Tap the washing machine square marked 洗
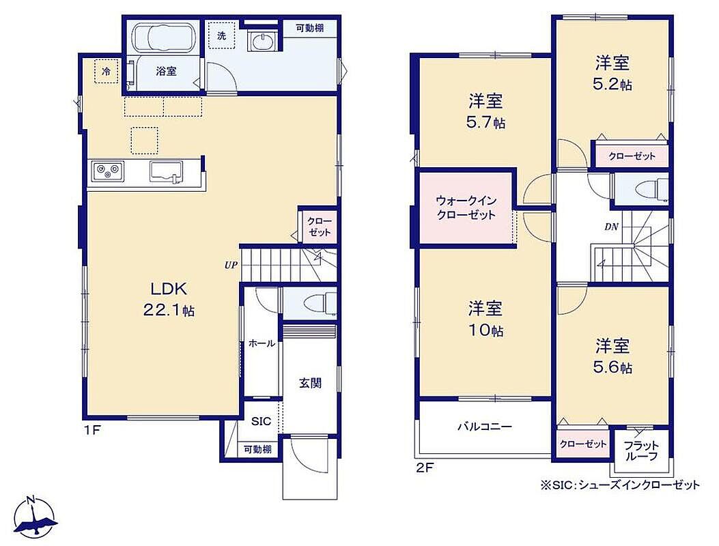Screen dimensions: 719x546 click(x=222, y=35)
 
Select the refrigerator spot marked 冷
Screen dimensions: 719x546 click(x=107, y=72)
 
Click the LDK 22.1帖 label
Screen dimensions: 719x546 click(x=169, y=300)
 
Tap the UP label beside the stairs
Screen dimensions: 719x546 click(x=231, y=265)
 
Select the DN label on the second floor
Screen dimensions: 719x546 click(x=611, y=227)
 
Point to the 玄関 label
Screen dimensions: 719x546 click(x=311, y=383)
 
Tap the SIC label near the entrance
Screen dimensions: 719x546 click(x=261, y=421)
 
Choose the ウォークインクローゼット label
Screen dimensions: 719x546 click(x=466, y=207)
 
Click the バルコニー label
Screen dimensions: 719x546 click(x=485, y=427)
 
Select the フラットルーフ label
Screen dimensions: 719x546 click(x=641, y=450)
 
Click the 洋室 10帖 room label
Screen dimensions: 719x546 click(x=485, y=319)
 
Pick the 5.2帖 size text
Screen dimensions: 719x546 click(x=612, y=85)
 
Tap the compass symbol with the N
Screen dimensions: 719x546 click(x=34, y=517)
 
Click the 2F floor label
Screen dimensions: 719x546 click(x=424, y=468)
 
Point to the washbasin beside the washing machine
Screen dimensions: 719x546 click(x=262, y=41)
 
